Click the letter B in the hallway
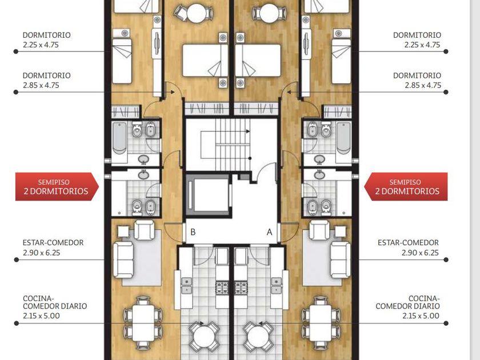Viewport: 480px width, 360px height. click(x=193, y=232)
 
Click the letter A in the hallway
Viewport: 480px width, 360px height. click(x=269, y=233)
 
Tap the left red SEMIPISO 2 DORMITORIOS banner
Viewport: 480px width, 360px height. click(x=57, y=187)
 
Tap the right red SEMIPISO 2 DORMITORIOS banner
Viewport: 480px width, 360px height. click(x=406, y=187)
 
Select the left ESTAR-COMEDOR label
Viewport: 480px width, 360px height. click(x=53, y=243)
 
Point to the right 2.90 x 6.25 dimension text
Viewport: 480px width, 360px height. click(x=420, y=253)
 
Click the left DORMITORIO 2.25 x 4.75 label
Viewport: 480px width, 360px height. click(x=46, y=40)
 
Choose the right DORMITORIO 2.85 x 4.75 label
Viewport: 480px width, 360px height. click(x=417, y=80)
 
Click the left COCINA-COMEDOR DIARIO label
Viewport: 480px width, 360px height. click(x=55, y=302)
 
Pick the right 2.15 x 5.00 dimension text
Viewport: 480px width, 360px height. click(x=421, y=315)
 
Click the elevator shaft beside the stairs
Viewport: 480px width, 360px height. click(x=208, y=195)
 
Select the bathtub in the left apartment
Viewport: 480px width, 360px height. click(x=119, y=138)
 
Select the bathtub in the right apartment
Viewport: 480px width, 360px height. click(x=344, y=138)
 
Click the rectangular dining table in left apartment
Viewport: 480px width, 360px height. click(x=143, y=323)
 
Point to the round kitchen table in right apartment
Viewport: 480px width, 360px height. click(x=258, y=336)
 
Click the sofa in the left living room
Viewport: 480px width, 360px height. click(x=123, y=259)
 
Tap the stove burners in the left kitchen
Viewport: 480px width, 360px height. click(x=222, y=288)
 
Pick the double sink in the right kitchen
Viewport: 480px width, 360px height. click(x=277, y=286)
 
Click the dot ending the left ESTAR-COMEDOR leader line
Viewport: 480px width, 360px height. click(x=17, y=259)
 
